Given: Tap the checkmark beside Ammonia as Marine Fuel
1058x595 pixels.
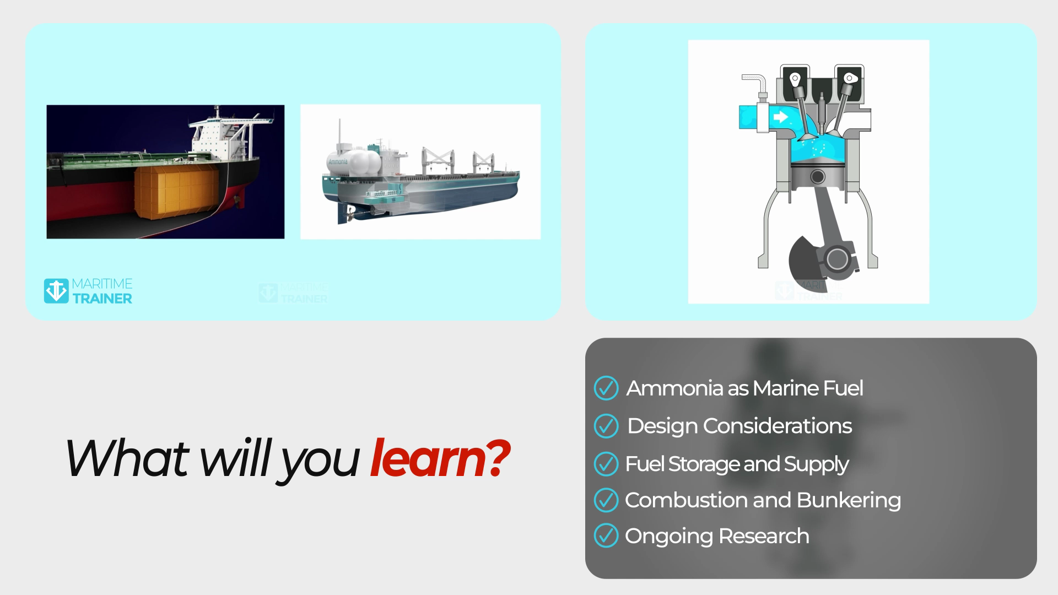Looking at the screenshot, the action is [606, 388].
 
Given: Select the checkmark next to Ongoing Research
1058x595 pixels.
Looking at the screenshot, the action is [606, 535].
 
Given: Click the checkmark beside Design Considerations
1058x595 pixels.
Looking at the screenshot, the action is [606, 426].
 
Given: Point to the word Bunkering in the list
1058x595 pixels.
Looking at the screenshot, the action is [849, 500].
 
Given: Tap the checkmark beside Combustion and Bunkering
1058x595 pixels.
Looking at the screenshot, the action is [606, 500].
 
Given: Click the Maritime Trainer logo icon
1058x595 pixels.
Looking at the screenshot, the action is [56, 291].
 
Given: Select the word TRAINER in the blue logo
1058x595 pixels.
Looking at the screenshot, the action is [102, 299].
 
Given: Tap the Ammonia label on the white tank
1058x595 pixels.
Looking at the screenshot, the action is [338, 163].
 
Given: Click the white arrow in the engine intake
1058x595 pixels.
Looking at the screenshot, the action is [780, 117].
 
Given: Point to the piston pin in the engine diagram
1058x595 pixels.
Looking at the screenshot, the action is [818, 177].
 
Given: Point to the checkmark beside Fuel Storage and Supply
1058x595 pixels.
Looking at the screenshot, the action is [606, 464].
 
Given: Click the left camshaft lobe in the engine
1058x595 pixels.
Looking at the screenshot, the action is [794, 78].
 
